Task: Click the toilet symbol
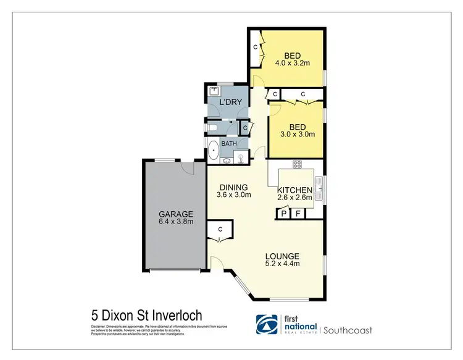click(x=212, y=128)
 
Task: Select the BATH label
click(x=229, y=144)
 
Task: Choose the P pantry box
click(x=283, y=213)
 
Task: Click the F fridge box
click(x=298, y=213)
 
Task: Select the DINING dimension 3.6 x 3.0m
click(x=234, y=195)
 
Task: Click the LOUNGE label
click(x=282, y=256)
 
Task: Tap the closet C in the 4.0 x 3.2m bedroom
click(x=254, y=48)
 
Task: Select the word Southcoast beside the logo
click(x=349, y=330)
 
